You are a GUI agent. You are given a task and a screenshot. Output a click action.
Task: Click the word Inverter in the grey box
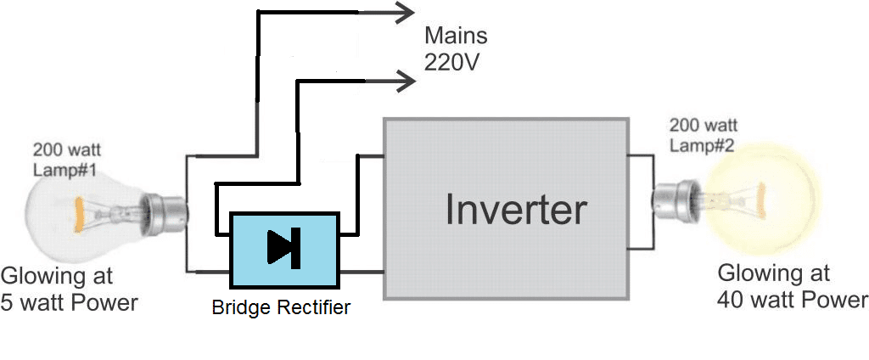point(515,209)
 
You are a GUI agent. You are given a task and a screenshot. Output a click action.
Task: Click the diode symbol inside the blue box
point(283,246)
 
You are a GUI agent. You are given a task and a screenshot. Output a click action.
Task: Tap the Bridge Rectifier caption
point(280,307)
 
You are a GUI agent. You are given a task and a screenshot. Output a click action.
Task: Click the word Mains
point(457,37)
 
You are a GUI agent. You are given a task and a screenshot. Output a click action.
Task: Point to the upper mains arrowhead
point(404,12)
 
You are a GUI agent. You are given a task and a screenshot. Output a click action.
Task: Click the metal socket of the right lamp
point(671,201)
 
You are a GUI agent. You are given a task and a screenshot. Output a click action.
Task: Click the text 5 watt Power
point(70,302)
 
